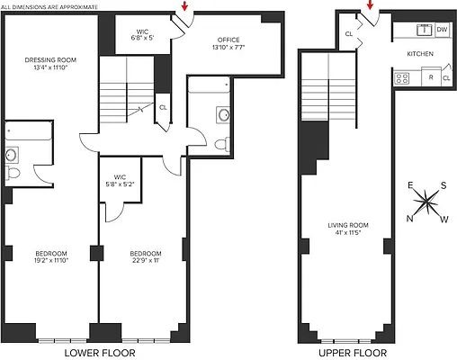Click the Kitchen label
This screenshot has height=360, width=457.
coord(420,55)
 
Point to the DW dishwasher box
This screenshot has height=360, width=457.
coord(442,30)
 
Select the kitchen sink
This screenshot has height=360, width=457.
coord(419,30)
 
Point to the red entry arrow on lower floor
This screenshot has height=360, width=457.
coord(184,8)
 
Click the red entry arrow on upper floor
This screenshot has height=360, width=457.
coord(370,8)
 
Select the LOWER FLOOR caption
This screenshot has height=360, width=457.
coord(100,353)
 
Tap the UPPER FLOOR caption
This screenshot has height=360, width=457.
coord(345,353)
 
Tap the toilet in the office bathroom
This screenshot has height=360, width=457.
coord(220,143)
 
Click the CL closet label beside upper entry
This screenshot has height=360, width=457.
coord(348,34)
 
